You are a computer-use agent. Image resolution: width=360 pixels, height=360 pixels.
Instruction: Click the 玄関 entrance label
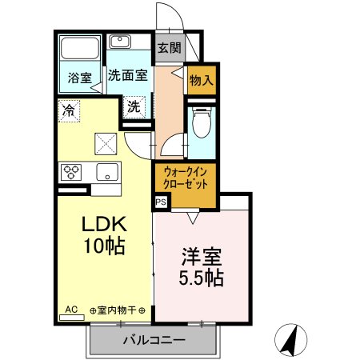point(168,48)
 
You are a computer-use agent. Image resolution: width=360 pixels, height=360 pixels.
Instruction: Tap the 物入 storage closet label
point(201,79)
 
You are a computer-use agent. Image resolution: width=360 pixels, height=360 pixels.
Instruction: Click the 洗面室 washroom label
point(128,76)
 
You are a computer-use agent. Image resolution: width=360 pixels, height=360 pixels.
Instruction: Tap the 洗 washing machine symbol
point(134,105)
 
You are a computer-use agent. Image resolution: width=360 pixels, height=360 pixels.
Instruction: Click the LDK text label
point(103,223)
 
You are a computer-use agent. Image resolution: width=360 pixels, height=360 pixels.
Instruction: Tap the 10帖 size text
point(104,246)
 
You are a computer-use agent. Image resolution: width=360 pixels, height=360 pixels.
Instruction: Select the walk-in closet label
point(185,176)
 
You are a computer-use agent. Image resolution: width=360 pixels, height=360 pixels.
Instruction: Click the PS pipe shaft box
point(160,202)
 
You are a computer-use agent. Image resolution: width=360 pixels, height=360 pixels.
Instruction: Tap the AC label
point(70,308)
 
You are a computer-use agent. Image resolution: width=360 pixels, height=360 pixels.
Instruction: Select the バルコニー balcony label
point(154,340)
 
